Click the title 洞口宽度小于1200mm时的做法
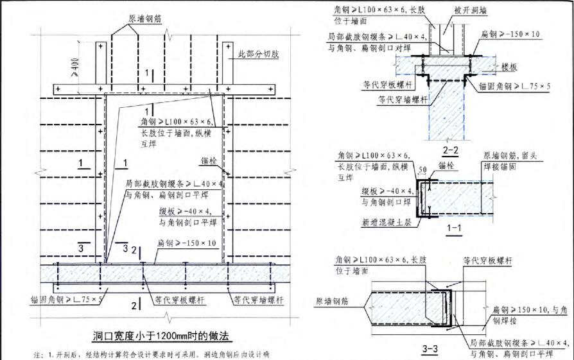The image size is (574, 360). (161, 335)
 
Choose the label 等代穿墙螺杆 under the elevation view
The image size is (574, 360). (257, 299)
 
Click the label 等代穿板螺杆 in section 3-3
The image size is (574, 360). (489, 261)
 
